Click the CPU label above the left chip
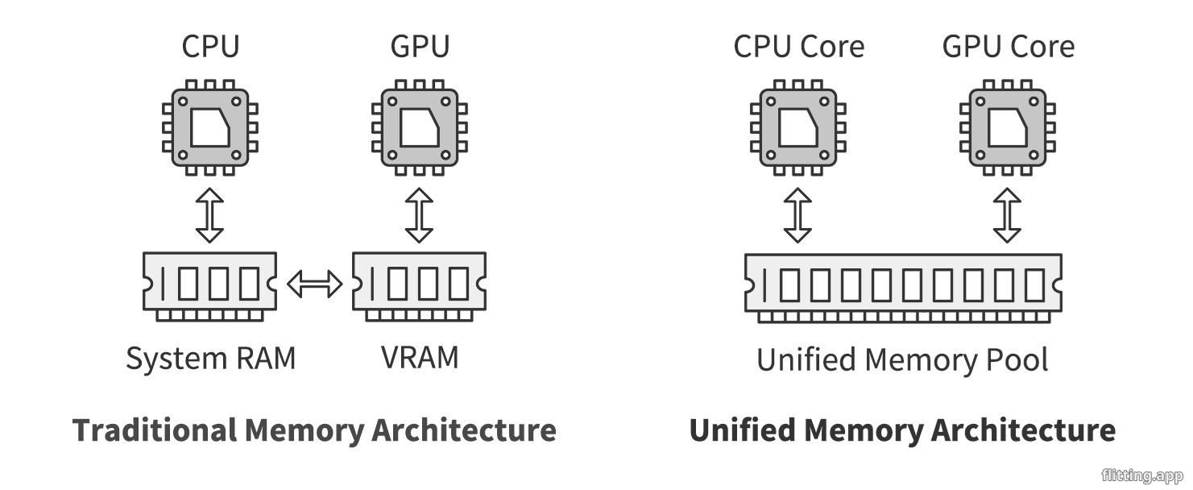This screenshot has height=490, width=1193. click(x=210, y=46)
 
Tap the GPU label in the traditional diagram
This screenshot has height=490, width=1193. click(x=420, y=46)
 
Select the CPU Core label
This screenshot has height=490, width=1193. click(x=798, y=46)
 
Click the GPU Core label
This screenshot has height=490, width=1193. click(x=1008, y=46)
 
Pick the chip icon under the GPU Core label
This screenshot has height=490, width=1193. click(x=1008, y=127)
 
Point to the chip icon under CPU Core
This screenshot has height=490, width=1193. click(x=798, y=127)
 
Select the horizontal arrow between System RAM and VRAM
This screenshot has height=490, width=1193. click(x=315, y=284)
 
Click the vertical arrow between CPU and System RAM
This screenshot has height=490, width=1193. click(x=210, y=216)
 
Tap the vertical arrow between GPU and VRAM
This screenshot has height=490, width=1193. click(x=420, y=216)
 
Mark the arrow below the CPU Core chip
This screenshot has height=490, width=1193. click(x=798, y=216)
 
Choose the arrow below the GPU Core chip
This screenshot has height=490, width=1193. click(x=1008, y=216)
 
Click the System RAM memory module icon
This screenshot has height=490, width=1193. click(x=210, y=285)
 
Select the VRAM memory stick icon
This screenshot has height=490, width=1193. click(x=420, y=285)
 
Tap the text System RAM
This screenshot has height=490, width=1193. click(x=211, y=358)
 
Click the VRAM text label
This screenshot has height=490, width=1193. click(x=420, y=357)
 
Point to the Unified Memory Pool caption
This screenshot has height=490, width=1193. click(x=902, y=359)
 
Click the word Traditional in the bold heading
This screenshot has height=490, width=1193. click(x=154, y=430)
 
